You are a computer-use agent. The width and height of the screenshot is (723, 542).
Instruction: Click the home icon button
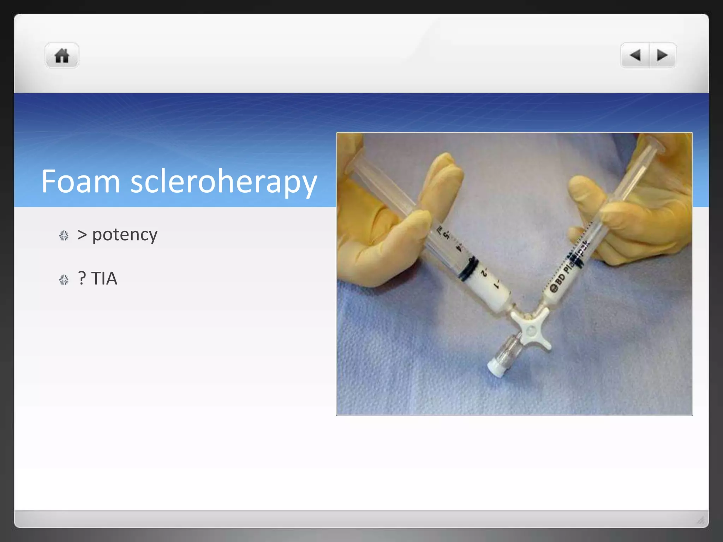pyautogui.click(x=62, y=55)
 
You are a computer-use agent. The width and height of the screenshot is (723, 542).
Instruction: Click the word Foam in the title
pyautogui.click(x=80, y=181)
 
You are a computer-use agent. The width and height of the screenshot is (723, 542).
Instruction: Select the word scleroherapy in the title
pyautogui.click(x=223, y=182)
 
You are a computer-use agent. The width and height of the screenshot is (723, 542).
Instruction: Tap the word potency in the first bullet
pyautogui.click(x=125, y=235)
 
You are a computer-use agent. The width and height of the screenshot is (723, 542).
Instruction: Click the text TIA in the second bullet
pyautogui.click(x=104, y=278)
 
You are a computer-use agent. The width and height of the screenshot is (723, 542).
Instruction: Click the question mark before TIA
pyautogui.click(x=82, y=278)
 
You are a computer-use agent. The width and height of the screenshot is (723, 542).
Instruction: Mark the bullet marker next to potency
pyautogui.click(x=64, y=236)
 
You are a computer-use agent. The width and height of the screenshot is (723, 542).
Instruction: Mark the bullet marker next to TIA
pyautogui.click(x=64, y=280)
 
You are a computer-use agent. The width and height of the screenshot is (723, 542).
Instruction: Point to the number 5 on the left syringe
pyautogui.click(x=447, y=234)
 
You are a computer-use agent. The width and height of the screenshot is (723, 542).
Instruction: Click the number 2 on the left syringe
pyautogui.click(x=484, y=273)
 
